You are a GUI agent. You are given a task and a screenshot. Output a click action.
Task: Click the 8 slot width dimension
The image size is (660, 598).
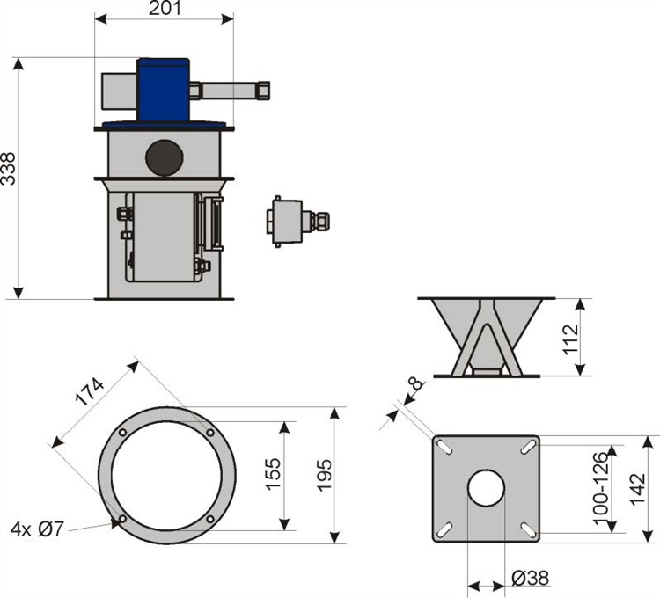414,384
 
